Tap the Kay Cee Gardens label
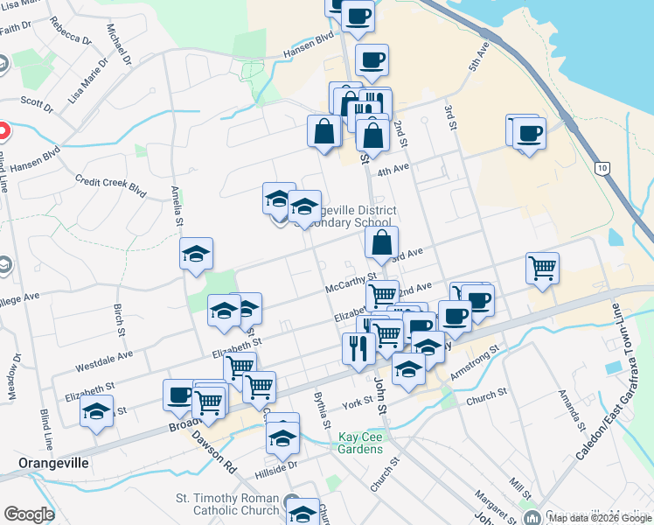click(361, 443)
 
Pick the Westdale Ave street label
click(103, 356)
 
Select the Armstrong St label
click(474, 361)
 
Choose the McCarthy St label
click(350, 282)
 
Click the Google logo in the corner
click(29, 514)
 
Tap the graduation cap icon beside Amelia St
click(196, 255)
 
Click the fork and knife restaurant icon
click(358, 347)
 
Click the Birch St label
click(120, 319)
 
